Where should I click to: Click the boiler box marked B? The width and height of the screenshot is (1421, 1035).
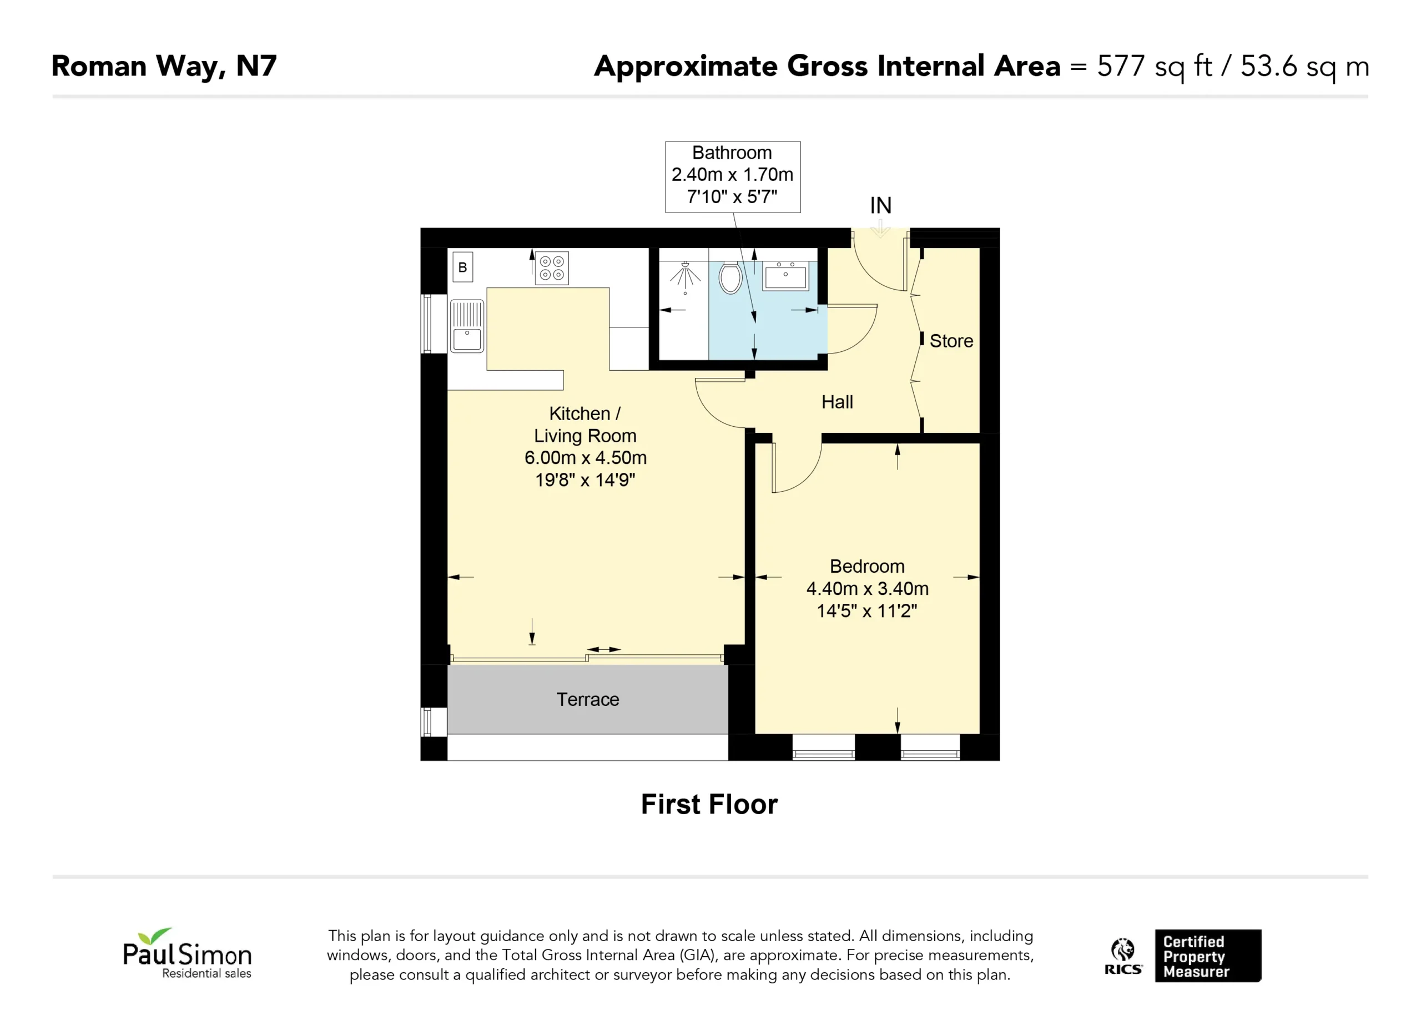tap(462, 267)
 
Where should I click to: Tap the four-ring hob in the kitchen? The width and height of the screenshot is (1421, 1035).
tap(551, 269)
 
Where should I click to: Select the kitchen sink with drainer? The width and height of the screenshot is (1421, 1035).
tap(467, 326)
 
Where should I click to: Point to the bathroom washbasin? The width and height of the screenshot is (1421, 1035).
tap(785, 276)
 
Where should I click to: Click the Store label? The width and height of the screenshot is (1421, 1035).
tap(951, 341)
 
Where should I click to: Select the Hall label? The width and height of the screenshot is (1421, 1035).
tap(837, 402)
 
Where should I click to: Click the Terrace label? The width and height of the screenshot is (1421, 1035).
tap(588, 699)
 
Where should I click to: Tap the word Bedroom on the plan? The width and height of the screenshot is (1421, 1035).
tap(867, 567)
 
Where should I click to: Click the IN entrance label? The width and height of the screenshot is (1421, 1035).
tap(880, 205)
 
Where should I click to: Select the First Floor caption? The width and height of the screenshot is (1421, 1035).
tap(709, 804)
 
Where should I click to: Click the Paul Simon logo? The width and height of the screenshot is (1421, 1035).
tap(187, 953)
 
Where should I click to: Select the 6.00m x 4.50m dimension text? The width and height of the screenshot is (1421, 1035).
tap(585, 458)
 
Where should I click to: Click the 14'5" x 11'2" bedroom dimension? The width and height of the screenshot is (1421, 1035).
tap(867, 611)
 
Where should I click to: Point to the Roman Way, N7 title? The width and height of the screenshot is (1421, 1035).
tap(164, 67)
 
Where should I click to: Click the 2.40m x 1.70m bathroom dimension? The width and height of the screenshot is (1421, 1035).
tap(733, 174)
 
